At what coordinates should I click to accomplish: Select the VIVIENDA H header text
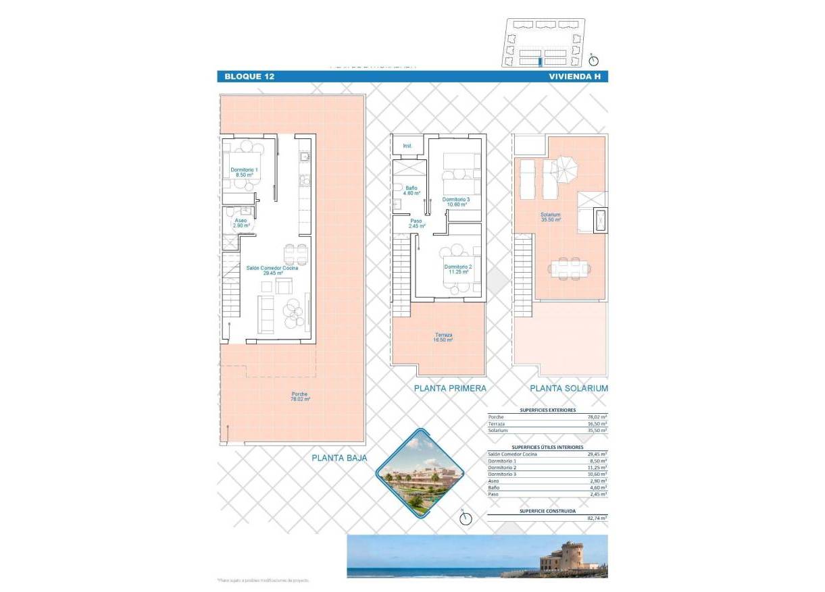[x=574, y=77]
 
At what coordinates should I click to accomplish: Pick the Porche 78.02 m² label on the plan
[x=300, y=397]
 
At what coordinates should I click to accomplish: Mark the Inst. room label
[x=407, y=146]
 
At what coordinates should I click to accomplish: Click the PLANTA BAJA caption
[x=339, y=458]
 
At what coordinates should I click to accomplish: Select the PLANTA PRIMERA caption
[x=450, y=389]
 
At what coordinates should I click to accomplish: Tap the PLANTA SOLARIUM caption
[x=569, y=389]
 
